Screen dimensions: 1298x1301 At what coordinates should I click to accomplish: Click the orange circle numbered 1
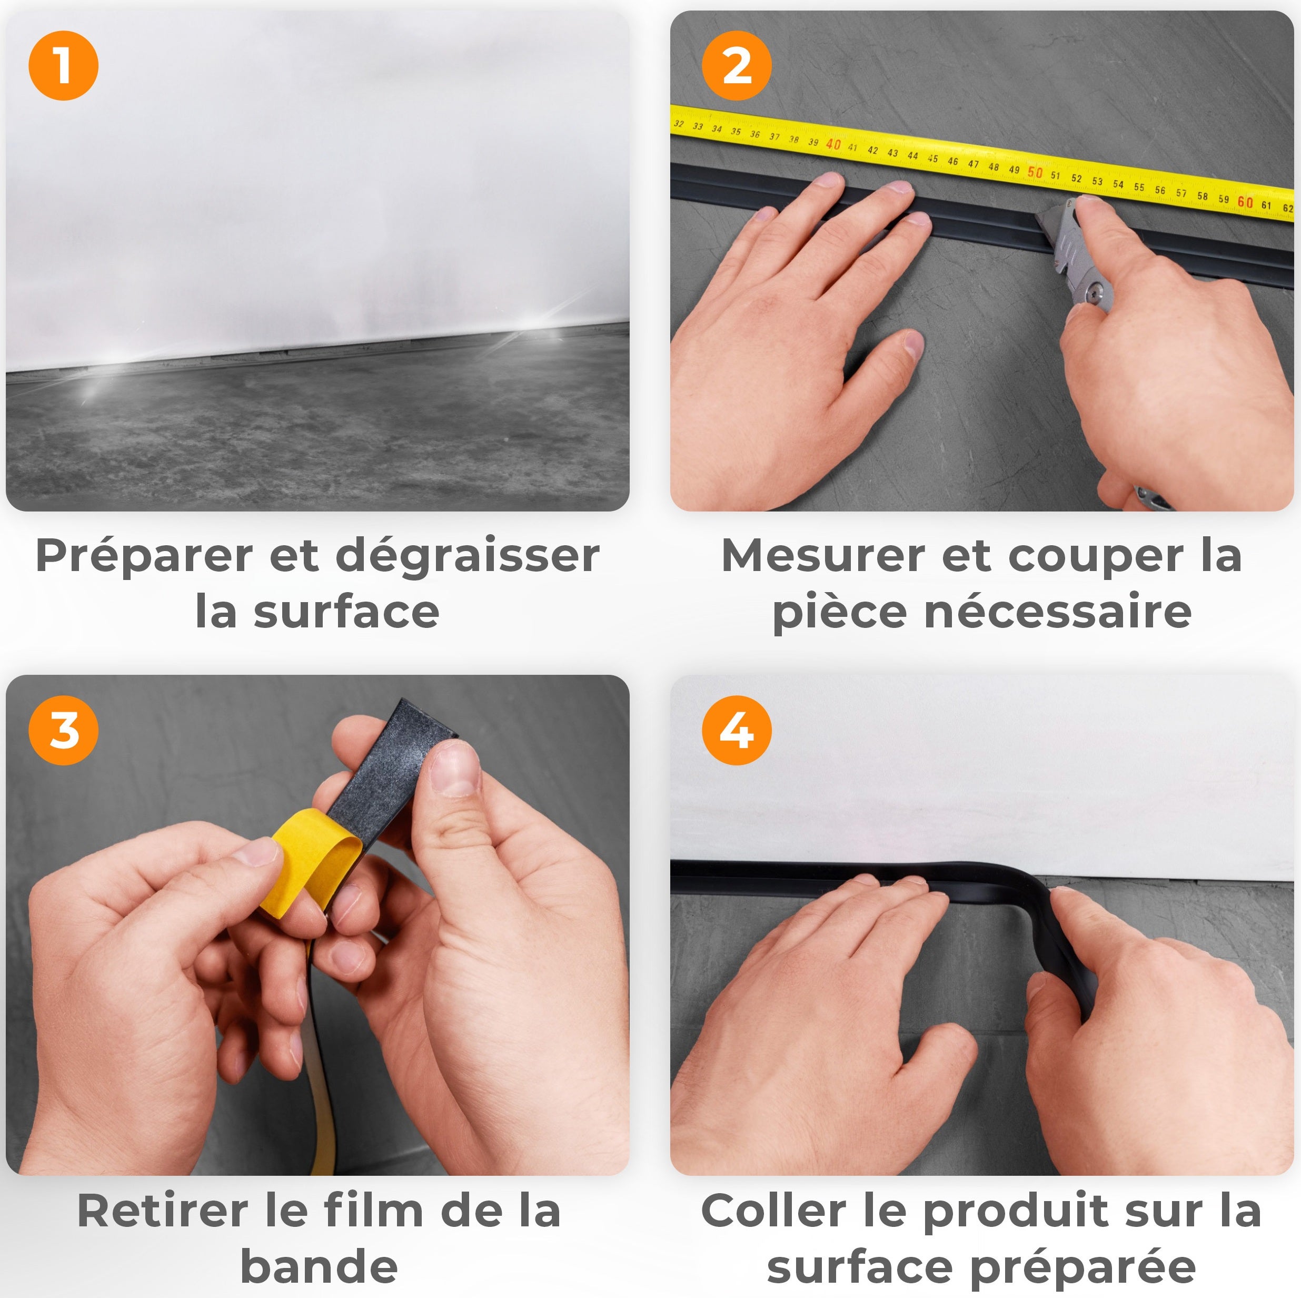coord(63,66)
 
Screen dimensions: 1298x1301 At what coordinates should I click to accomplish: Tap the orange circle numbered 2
coord(736,66)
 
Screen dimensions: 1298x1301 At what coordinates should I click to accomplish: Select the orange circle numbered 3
coord(63,730)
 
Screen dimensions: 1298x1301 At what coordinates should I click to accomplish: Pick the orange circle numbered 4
coord(736,730)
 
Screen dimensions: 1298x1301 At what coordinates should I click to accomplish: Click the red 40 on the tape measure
coord(833,144)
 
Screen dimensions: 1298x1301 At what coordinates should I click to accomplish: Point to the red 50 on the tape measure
coord(1035,172)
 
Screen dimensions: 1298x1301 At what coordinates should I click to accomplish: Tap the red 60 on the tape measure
coord(1245,202)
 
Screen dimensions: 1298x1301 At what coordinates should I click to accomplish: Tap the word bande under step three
coord(319,1266)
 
